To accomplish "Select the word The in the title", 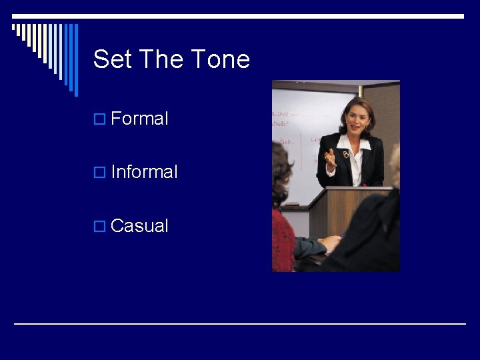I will tap(158, 59).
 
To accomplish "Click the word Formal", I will tap(140, 119).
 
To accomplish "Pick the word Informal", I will tap(144, 172).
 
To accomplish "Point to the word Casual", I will tap(139, 226).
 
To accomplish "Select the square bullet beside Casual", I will tap(100, 227).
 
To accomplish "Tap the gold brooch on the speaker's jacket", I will tap(345, 154).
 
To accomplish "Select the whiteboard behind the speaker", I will tap(300, 133).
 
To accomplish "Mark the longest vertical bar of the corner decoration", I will tap(76, 60).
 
